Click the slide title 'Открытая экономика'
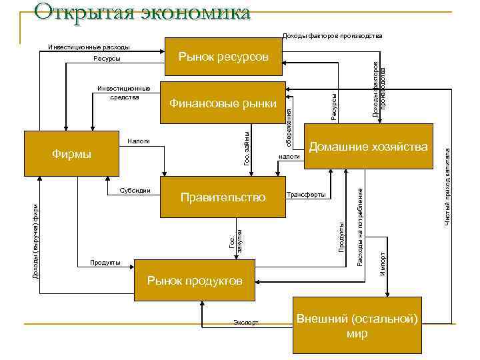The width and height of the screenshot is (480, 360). tap(141, 11)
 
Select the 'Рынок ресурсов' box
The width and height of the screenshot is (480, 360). tap(223, 58)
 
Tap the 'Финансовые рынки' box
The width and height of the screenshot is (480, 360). tap(223, 103)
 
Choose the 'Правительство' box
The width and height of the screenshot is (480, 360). tap(223, 197)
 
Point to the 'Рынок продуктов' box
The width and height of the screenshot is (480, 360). tap(194, 281)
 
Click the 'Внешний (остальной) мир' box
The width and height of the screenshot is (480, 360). tap(357, 326)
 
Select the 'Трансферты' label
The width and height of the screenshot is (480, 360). tap(306, 195)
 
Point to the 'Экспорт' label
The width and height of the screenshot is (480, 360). tap(246, 322)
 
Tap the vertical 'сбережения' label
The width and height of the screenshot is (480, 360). tap(289, 129)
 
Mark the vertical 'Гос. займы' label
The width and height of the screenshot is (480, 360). tap(246, 149)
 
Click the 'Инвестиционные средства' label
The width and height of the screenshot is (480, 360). tap(124, 92)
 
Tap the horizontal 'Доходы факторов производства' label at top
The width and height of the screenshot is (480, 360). tap(332, 35)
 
